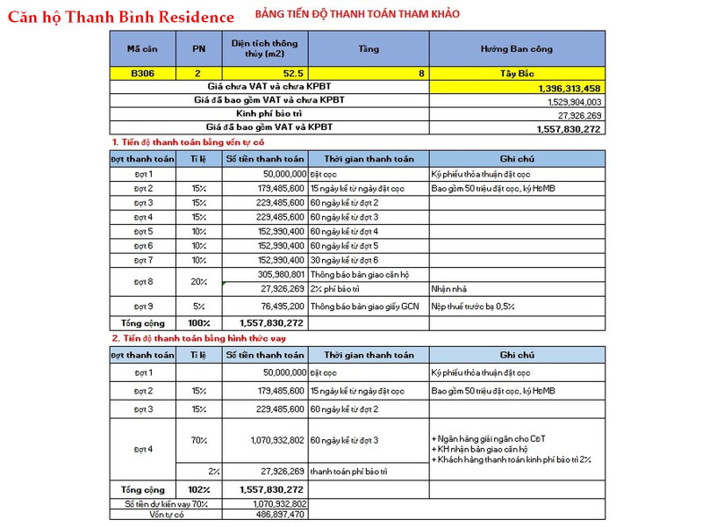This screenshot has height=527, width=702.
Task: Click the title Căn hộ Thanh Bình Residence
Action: point(121,17)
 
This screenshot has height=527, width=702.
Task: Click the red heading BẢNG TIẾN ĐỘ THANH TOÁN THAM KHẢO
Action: point(357,14)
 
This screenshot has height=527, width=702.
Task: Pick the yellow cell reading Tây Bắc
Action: point(517,74)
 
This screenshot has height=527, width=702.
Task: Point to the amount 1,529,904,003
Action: point(569,102)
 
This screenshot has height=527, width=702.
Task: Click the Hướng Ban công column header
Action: point(517,48)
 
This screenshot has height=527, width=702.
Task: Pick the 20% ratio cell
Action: point(198,281)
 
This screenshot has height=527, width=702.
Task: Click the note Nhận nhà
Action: point(448,288)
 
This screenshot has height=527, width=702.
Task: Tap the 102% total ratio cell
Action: point(198,489)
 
